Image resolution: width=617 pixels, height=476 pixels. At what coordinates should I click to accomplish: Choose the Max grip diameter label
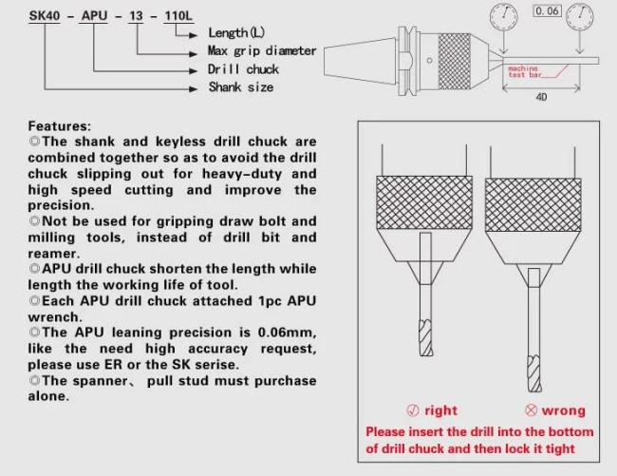(262, 50)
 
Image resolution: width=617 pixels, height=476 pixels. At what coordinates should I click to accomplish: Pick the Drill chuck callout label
(243, 68)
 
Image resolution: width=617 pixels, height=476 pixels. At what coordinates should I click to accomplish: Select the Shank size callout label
(241, 86)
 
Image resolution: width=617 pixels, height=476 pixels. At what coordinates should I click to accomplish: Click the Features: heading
(60, 125)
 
